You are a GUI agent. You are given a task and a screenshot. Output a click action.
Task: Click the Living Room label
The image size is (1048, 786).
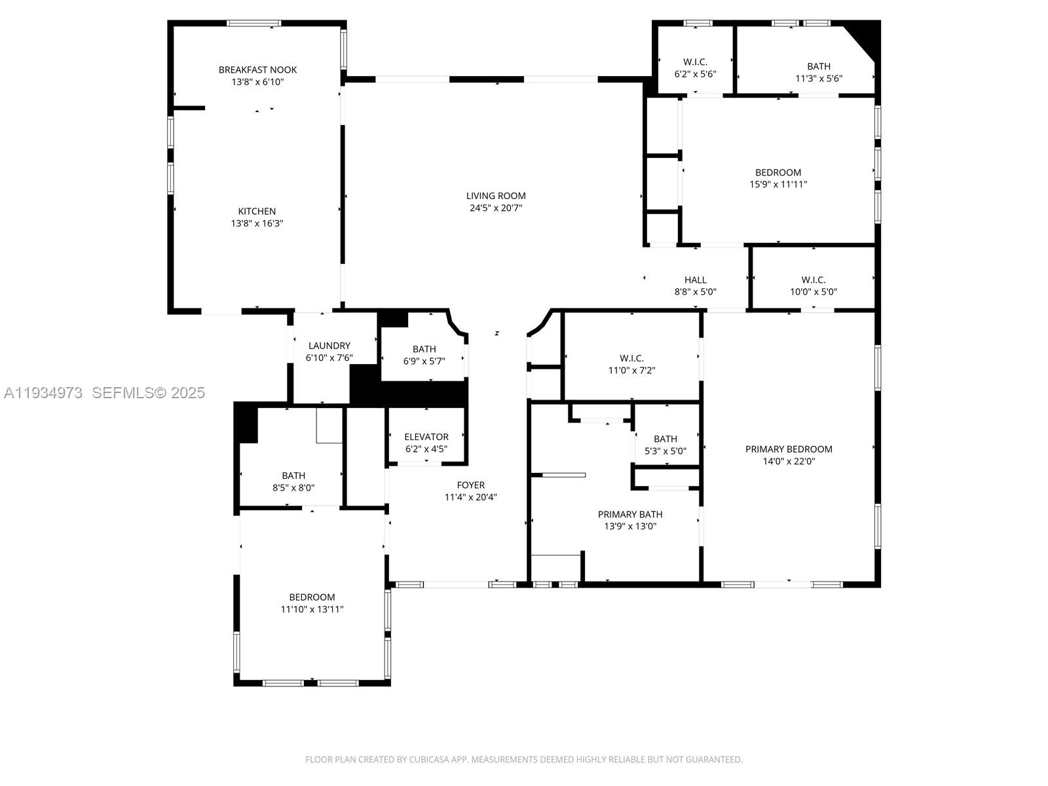coord(496,195)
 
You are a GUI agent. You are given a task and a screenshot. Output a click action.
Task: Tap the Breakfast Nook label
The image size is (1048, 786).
coord(257,69)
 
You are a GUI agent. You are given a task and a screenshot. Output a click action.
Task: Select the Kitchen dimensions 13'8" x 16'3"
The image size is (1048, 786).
coord(257,223)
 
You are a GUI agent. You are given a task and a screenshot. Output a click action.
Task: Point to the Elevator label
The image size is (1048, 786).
coord(426,437)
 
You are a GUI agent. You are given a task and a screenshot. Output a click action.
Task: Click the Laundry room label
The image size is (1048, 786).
coord(329,345)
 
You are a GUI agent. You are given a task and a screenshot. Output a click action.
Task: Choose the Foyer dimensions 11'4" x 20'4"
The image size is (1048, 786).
coord(470,497)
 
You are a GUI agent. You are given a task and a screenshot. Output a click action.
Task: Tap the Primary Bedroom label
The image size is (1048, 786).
coord(789,449)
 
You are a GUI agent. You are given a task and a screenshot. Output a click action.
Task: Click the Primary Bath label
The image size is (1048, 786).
coord(630,514)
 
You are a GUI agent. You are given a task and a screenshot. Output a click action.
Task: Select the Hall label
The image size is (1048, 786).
coord(695,280)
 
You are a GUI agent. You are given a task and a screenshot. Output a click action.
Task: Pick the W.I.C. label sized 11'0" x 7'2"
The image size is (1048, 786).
coord(631,358)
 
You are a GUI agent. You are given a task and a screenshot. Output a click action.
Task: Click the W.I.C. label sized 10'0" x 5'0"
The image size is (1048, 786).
coord(814,280)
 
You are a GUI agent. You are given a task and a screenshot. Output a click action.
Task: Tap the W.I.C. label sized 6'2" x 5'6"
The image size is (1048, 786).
coord(695,62)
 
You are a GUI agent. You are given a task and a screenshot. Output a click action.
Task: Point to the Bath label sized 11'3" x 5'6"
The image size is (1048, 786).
coord(819,66)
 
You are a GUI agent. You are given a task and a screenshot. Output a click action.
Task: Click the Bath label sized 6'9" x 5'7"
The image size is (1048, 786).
coord(424,348)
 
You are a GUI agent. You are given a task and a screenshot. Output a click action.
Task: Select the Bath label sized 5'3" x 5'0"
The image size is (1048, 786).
coord(665,439)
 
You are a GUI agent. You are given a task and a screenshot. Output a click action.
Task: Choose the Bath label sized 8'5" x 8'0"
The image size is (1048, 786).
coord(293,476)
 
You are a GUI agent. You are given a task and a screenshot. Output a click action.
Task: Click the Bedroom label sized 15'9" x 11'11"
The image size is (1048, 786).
coord(778,172)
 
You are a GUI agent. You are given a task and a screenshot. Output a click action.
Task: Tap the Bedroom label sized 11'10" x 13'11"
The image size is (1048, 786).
coord(312,597)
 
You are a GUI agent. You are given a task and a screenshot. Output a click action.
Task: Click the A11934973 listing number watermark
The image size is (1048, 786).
coord(43,392)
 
